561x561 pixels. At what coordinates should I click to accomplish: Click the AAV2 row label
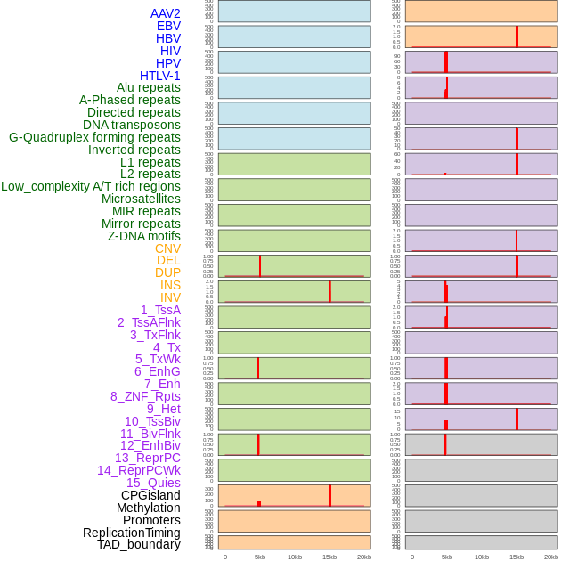point(165,13)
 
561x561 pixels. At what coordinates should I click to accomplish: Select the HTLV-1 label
point(159,76)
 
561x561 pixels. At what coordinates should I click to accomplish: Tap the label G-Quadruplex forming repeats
point(94,137)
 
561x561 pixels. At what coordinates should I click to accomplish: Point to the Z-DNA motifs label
point(143,236)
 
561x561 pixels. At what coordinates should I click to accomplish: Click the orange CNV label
point(167,248)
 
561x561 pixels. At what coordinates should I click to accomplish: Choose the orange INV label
point(170,297)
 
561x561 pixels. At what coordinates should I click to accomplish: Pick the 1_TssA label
point(160,310)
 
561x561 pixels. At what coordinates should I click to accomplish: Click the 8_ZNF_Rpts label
point(145,396)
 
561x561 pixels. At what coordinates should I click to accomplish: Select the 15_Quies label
point(153,483)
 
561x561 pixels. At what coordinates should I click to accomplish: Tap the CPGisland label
point(150,495)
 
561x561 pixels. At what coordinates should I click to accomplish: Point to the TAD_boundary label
point(139,544)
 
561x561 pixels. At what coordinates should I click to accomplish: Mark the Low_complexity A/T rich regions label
point(91,186)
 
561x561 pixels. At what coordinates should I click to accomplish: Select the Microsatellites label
point(141,199)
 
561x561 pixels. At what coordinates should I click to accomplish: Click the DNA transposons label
point(132,125)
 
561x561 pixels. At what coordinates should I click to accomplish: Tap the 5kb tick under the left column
point(260,557)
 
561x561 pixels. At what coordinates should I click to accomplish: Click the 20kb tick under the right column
point(551,557)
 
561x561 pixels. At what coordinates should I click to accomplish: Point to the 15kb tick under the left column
point(329,557)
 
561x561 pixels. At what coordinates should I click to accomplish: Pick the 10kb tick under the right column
point(482,557)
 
